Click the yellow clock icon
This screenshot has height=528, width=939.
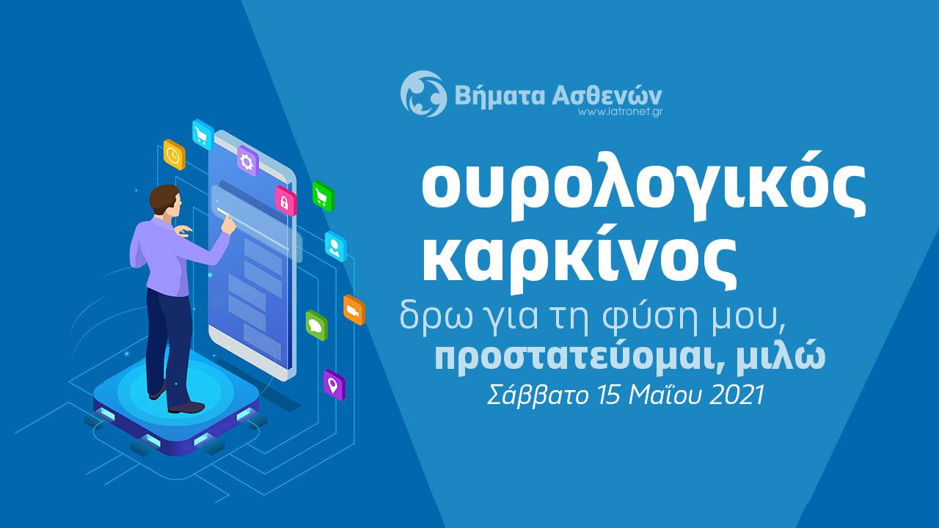(174, 155)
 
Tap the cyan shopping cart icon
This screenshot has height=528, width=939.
(203, 134)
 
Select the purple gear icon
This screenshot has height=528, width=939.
(248, 161)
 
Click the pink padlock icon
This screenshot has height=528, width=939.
(285, 201)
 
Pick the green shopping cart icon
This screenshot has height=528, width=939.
(323, 196)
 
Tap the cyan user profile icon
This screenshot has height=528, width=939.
(336, 246)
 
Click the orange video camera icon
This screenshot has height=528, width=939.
(354, 309)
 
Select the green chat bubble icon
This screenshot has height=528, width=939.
(316, 325)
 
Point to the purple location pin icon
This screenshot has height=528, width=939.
(334, 385)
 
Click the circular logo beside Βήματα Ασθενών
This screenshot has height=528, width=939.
(423, 93)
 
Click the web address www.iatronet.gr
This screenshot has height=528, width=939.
(620, 112)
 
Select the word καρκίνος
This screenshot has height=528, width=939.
(579, 262)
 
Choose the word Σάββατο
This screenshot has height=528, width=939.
(538, 395)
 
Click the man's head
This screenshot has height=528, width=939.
(166, 201)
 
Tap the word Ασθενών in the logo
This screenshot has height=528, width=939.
(607, 95)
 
